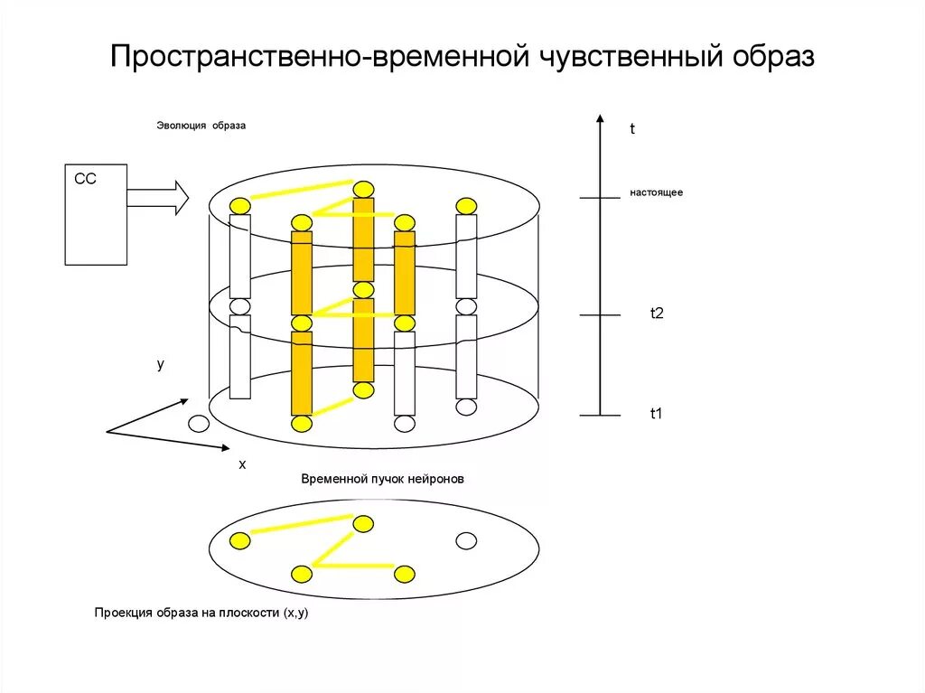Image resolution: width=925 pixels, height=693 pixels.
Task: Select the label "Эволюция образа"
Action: click(201, 126)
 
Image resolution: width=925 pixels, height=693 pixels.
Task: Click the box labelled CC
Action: click(96, 215)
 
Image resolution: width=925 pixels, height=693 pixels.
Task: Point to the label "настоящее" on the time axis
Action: click(656, 193)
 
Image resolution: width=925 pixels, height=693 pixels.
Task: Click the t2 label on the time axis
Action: click(657, 314)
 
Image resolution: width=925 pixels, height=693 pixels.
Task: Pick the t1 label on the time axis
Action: click(657, 414)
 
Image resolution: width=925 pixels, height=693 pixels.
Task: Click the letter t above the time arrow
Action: click(633, 130)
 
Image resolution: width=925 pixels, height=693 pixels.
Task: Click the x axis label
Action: click(242, 464)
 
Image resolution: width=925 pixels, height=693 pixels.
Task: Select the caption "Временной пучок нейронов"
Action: click(382, 480)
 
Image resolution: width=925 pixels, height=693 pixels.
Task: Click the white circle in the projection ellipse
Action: click(466, 541)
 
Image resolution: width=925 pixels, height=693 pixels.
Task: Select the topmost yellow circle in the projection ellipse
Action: click(363, 524)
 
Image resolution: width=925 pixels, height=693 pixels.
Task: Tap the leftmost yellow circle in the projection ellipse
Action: click(239, 541)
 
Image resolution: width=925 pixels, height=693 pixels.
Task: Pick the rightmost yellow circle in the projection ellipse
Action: click(404, 574)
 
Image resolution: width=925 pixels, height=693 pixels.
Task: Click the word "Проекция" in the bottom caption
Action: click(123, 613)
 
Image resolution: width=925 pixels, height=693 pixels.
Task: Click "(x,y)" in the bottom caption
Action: click(295, 613)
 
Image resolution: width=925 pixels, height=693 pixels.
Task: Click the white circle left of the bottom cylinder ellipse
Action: click(198, 423)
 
